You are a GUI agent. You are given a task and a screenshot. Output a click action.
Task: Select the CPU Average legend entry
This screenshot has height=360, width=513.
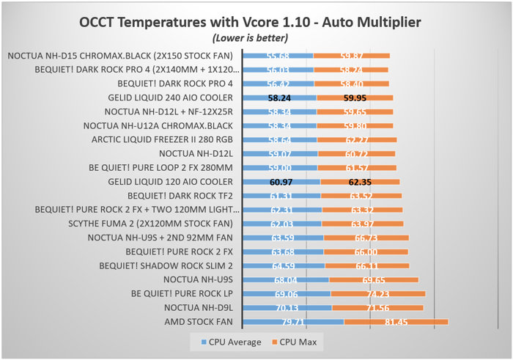(x=230, y=342)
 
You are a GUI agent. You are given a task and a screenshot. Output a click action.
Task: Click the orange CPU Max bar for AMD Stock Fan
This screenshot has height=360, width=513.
(x=396, y=322)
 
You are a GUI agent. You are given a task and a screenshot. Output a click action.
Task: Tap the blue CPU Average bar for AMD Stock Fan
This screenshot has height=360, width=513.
(x=292, y=322)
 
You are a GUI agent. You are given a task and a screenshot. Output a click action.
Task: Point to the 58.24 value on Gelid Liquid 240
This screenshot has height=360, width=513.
(x=279, y=98)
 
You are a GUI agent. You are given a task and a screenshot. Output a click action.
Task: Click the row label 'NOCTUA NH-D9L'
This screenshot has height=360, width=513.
(x=199, y=307)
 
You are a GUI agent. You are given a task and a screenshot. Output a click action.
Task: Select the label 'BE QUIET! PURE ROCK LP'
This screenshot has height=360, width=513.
(x=182, y=293)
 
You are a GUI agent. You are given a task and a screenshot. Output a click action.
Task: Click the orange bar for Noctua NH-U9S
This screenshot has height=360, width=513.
(x=374, y=279)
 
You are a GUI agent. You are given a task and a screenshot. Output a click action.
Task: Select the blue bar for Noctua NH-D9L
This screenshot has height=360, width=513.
(x=287, y=307)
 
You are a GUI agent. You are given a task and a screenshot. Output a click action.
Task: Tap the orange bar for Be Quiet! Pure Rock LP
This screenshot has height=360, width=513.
(x=377, y=293)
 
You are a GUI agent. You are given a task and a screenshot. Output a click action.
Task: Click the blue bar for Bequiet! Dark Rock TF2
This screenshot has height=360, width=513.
(x=281, y=195)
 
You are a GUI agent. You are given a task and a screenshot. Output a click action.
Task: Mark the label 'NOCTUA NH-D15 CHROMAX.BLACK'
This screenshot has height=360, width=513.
(x=120, y=56)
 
